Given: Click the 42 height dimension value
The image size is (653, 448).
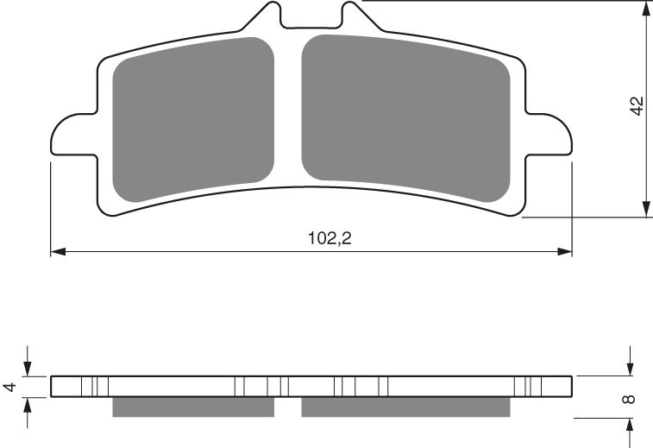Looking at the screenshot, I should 637,106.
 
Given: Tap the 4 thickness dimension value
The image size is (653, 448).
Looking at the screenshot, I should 9,388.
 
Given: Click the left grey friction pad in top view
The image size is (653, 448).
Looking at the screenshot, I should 193,120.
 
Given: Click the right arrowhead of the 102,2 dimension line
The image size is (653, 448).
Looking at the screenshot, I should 565,252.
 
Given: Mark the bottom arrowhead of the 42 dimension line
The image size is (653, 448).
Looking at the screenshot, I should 645,210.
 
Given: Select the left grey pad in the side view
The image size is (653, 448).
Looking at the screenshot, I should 193,407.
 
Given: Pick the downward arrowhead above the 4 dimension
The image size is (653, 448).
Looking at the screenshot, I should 28,369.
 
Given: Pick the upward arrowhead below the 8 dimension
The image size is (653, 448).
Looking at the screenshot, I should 631,426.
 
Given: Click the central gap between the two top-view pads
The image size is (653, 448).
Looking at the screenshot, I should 287,112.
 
